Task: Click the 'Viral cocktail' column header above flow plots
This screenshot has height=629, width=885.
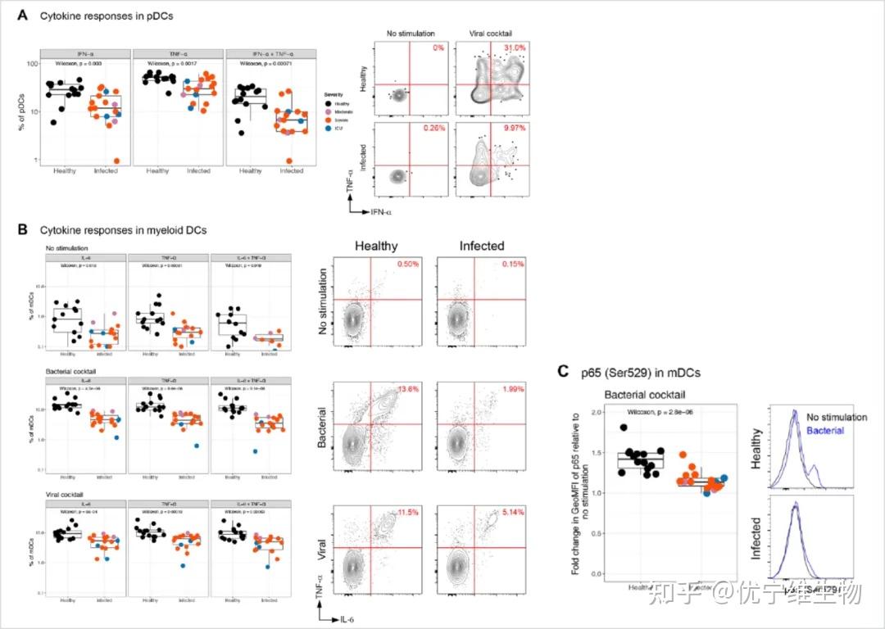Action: pos(494,34)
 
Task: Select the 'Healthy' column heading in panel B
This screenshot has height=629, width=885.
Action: pos(375,246)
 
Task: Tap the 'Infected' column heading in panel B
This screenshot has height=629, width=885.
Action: pos(482,246)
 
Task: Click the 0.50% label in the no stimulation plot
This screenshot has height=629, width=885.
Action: pos(407,265)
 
